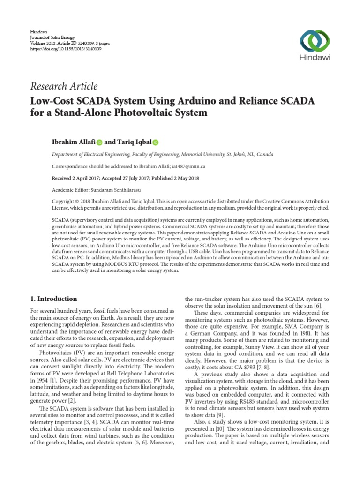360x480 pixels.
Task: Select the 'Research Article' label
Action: coord(64,86)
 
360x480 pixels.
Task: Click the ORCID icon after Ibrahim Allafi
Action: coord(99,142)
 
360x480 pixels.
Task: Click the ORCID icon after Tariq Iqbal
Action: coord(156,142)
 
